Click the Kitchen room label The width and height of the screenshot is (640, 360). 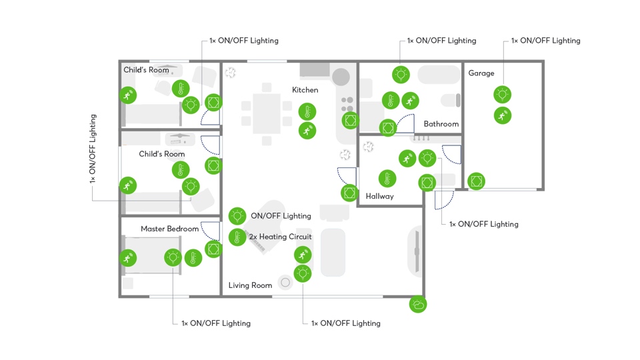pos(305,90)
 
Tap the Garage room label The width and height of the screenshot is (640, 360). pos(481,73)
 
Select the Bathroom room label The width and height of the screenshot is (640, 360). pos(441,124)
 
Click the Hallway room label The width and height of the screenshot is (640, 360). pos(379,196)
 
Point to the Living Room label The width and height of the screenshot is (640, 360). pos(250,285)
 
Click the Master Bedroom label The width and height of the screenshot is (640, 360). pos(169,229)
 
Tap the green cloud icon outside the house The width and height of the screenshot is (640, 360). pos(418,305)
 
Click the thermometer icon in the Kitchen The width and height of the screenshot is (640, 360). pos(307,111)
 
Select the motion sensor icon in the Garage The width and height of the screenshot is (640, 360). pos(502,115)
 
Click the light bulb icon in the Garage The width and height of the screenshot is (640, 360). pos(502,94)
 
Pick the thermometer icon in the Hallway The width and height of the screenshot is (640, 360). pos(387,178)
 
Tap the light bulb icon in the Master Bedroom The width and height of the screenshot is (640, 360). pos(173,257)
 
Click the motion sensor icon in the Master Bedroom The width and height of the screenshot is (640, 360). pos(128,257)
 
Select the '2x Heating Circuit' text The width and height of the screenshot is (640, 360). pos(280,237)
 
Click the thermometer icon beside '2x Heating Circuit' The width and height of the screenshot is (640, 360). pos(237,237)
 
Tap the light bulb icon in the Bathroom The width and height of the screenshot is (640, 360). pos(401,74)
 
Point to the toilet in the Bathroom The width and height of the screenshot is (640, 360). pos(451,101)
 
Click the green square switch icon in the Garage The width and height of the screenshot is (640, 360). pos(476,181)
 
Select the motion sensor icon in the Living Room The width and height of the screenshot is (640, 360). pos(303,254)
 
